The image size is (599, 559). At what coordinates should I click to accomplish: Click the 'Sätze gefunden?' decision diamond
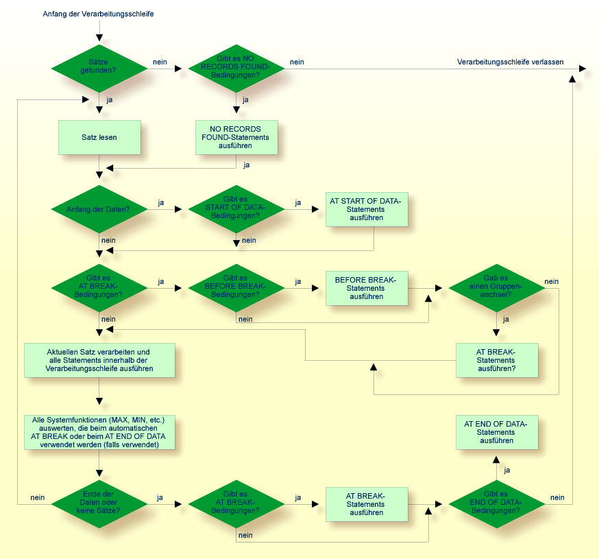[99, 69]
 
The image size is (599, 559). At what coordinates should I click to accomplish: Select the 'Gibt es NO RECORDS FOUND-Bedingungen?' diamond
[236, 69]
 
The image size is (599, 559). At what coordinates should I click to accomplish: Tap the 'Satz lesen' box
[99, 137]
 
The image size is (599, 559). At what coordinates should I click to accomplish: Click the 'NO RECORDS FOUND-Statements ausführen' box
[236, 137]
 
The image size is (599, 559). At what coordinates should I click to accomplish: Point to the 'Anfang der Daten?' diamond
[99, 209]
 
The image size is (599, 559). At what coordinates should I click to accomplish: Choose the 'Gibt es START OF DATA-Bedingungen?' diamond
[236, 209]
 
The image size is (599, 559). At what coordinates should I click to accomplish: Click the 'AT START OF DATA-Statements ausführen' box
[367, 209]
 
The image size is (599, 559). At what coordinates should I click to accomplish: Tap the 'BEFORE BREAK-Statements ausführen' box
[367, 288]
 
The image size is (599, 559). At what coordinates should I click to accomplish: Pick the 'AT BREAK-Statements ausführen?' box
[497, 359]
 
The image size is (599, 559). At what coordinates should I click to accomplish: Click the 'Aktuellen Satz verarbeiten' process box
[99, 360]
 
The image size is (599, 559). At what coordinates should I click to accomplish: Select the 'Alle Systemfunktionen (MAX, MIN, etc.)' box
[99, 432]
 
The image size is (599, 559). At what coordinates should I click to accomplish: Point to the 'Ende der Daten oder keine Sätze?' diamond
[99, 503]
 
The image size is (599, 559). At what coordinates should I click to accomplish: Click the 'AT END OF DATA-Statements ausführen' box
[497, 432]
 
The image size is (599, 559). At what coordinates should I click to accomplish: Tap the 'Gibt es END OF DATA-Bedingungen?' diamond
[497, 503]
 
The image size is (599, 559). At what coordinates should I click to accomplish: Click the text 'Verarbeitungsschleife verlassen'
[510, 62]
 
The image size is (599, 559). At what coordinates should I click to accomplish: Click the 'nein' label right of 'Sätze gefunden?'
[160, 62]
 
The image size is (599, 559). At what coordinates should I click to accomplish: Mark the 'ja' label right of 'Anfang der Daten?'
[160, 202]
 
